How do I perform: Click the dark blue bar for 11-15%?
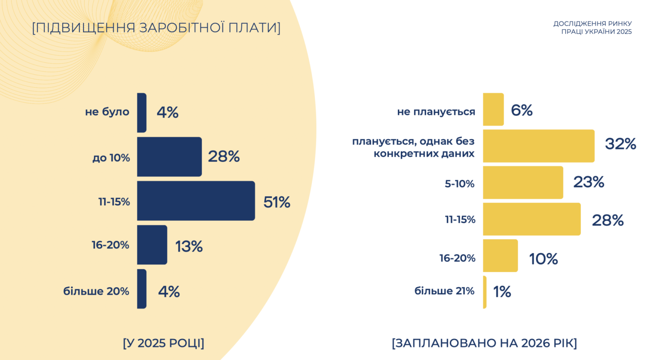point(196,201)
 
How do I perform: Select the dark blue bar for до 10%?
point(169,157)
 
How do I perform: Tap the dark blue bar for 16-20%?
point(152,245)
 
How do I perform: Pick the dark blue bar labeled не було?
point(142,113)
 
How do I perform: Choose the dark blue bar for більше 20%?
point(142,289)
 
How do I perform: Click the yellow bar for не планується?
point(493,109)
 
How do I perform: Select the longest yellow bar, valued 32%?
point(538,146)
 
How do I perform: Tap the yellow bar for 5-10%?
point(523,182)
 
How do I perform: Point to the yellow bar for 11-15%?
point(532,219)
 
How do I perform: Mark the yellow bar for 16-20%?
point(500,256)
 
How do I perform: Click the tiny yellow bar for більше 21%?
point(485,292)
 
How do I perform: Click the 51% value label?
point(276,202)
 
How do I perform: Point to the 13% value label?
point(189,247)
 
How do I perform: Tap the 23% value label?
point(589,182)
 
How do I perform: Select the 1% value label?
point(502,292)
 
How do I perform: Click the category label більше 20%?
point(96,291)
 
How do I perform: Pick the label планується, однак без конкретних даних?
point(413,148)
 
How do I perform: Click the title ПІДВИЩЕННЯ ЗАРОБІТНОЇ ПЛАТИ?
point(156,28)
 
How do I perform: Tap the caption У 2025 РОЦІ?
point(163,343)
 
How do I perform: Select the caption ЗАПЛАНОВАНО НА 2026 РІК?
point(484,343)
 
